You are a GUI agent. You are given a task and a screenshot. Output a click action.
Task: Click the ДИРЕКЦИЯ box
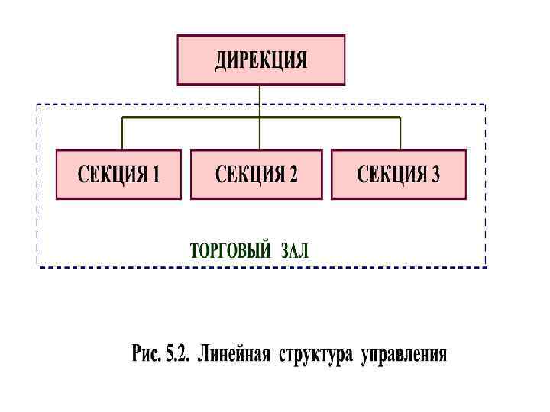click(x=260, y=60)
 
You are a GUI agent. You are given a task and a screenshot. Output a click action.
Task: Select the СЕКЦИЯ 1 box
click(x=118, y=174)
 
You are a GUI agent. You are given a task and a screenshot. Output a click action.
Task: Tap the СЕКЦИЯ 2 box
click(x=256, y=174)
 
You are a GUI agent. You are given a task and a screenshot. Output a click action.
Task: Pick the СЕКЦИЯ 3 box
click(x=398, y=174)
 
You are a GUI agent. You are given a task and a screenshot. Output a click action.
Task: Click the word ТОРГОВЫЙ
click(x=229, y=251)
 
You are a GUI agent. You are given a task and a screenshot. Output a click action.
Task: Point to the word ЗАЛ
click(x=295, y=251)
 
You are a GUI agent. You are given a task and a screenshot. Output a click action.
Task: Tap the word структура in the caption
click(x=315, y=355)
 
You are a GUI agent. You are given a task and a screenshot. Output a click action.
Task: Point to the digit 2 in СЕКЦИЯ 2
click(x=293, y=175)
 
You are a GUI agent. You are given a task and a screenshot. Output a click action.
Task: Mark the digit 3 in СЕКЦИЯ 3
click(x=435, y=175)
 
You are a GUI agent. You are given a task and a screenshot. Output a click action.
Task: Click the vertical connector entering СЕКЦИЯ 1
click(x=121, y=134)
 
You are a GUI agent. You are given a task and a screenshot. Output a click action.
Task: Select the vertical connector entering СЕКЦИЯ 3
click(x=400, y=134)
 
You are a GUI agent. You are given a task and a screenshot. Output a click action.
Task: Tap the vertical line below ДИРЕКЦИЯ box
click(x=260, y=101)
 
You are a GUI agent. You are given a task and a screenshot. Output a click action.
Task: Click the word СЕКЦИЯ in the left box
click(x=112, y=175)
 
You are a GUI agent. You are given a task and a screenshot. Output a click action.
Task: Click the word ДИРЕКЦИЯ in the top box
click(x=260, y=60)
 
